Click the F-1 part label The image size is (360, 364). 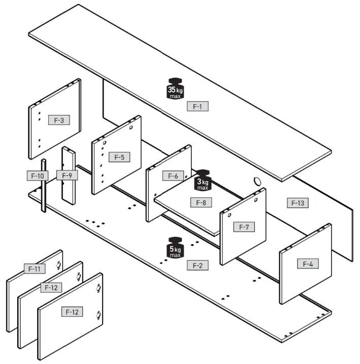tap(198, 106)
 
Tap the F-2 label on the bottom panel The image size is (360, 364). tap(198, 265)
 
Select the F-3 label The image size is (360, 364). tap(59, 120)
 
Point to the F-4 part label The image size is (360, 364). tap(308, 264)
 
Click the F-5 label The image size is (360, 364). tap(119, 157)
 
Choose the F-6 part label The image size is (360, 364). tap(173, 176)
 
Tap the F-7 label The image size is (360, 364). tap(244, 227)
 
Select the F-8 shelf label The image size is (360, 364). tap(201, 202)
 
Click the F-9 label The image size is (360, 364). tap(67, 175)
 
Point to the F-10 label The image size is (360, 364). tap(38, 176)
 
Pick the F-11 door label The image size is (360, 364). tap(35, 268)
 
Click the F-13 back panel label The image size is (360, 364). tap(298, 203)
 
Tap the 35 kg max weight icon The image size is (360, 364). tap(175, 88)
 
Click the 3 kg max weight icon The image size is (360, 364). tap(203, 180)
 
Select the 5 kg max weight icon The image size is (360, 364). tap(175, 248)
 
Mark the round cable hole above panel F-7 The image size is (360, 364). tap(257, 181)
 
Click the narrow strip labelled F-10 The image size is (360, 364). tap(44, 186)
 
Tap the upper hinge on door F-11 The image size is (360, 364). tap(59, 265)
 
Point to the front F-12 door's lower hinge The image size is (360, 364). tap(99, 315)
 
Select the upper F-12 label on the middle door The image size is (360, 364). tap(51, 288)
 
